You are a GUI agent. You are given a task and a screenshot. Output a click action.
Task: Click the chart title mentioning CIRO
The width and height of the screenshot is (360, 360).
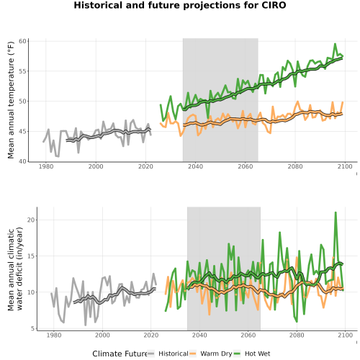[x=180, y=5]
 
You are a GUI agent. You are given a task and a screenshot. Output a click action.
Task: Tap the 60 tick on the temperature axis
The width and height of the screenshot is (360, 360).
[x=22, y=41]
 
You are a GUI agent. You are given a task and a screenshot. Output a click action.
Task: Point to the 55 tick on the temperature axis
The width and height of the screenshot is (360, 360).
[x=22, y=71]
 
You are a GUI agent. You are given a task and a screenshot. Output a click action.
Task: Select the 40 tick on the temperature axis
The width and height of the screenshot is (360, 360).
[x=22, y=161]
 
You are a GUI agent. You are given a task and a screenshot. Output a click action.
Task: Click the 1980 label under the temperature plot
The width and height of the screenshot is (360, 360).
[x=46, y=166]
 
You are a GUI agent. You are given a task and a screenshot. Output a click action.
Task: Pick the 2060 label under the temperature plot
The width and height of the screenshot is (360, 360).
[x=246, y=166]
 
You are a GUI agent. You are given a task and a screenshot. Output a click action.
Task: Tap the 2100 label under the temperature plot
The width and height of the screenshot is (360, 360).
[x=345, y=166]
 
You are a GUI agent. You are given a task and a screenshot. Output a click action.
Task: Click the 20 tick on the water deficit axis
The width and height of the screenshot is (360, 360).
[x=31, y=220]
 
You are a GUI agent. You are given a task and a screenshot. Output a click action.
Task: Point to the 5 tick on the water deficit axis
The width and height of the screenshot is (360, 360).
[x=32, y=328]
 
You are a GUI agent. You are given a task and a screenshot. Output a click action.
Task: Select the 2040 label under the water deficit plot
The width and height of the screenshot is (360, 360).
[x=199, y=335]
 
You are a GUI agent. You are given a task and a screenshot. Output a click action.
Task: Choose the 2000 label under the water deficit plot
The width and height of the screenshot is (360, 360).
[x=102, y=335]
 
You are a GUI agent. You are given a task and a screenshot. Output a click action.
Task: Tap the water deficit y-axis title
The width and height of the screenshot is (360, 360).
[x=15, y=269]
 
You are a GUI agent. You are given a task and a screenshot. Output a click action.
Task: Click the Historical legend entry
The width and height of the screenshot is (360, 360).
[x=168, y=354]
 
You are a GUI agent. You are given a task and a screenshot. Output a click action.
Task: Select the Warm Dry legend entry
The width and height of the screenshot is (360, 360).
[x=210, y=354]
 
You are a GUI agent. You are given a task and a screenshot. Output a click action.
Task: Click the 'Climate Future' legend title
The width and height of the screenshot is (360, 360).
[x=120, y=354]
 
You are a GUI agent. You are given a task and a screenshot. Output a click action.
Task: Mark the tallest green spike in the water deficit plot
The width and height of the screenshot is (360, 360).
[x=336, y=212]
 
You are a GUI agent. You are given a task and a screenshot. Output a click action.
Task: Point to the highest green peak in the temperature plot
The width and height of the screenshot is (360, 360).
[x=335, y=44]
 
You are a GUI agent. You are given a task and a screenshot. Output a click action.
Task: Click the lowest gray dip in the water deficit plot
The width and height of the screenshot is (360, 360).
[x=86, y=325]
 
